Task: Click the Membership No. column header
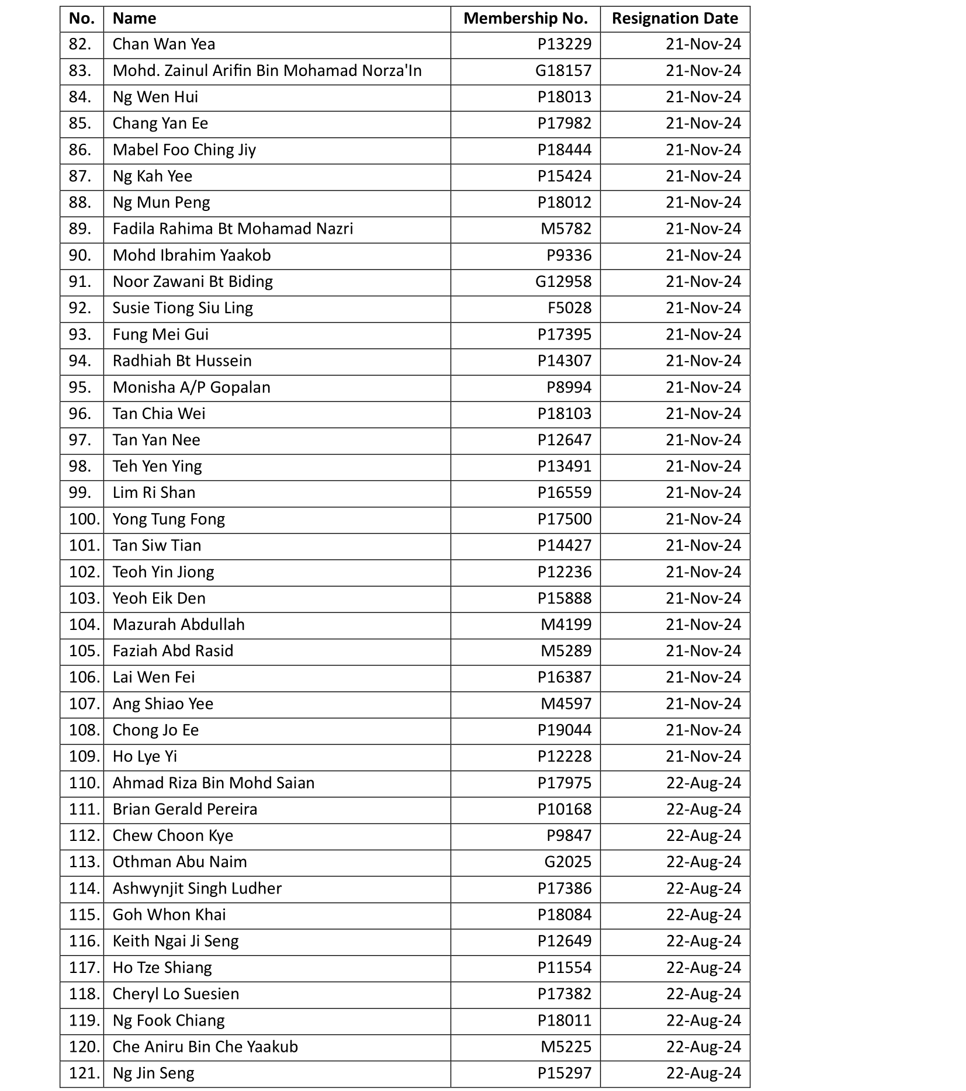525,19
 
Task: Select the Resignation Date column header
674,19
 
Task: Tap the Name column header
134,19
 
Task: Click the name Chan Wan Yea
164,44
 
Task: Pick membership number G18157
563,71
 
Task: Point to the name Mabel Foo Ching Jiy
184,150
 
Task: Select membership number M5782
566,229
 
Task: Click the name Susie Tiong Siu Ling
182,308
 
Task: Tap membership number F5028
569,308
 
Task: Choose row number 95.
80,387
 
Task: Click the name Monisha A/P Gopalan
191,387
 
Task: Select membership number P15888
565,598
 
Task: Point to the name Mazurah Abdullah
178,625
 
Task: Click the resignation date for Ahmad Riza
703,783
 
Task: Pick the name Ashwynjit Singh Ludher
197,888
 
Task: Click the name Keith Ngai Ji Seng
175,941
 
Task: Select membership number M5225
566,1047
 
